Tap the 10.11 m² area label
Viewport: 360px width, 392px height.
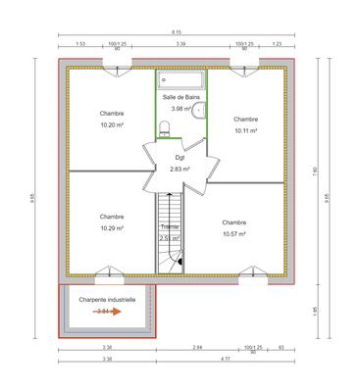coord(245,130)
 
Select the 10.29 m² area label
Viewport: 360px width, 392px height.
coord(112,228)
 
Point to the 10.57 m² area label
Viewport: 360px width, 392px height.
coord(233,234)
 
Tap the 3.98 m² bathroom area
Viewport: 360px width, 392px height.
coord(180,109)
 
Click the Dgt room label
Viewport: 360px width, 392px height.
coord(180,157)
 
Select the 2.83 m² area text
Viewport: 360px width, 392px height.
coord(180,169)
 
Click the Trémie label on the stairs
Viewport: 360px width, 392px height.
coord(169,227)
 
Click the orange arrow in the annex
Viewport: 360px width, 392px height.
coord(108,312)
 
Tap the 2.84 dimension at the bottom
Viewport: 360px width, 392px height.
coord(197,348)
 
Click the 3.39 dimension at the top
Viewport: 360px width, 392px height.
coord(181,44)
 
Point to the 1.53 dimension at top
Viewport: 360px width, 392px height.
coord(80,44)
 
